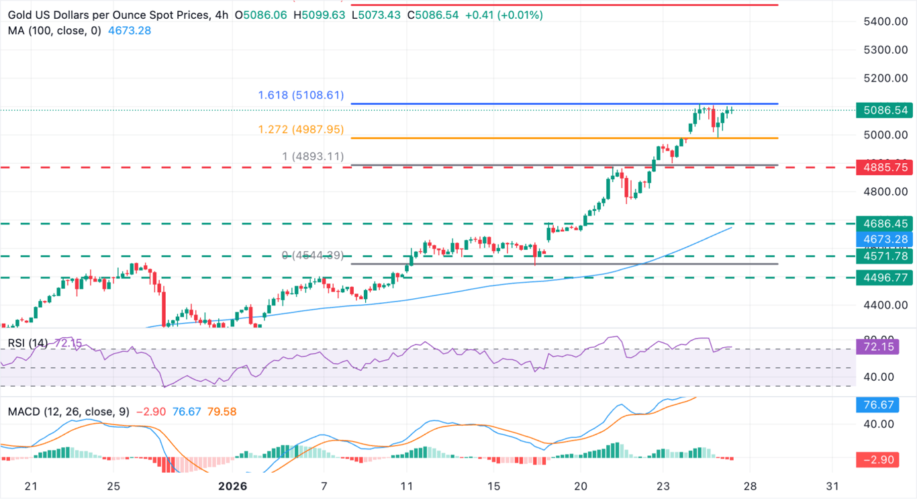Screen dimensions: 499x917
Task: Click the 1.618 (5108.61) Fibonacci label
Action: coord(301,95)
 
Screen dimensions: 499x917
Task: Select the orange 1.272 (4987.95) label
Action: coord(301,130)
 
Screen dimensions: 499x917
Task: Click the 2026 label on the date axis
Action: coord(232,486)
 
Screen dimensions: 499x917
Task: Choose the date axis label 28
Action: coord(750,486)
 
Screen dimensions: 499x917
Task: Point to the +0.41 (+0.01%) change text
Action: coord(499,14)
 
